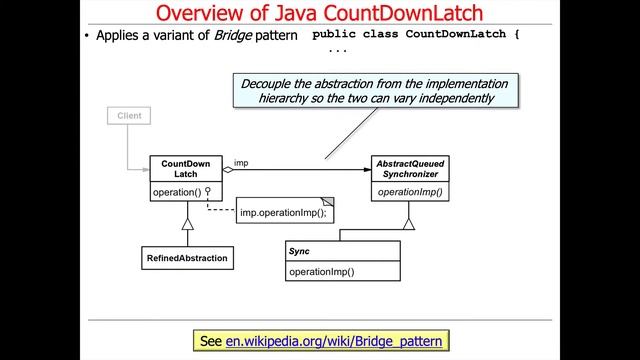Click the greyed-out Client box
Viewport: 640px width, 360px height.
(129, 116)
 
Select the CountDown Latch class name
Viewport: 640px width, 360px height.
(180, 169)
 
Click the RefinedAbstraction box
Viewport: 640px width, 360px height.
(186, 258)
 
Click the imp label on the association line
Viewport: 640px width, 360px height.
(241, 162)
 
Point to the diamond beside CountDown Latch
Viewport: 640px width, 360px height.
(227, 171)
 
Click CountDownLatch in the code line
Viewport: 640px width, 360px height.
(463, 35)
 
